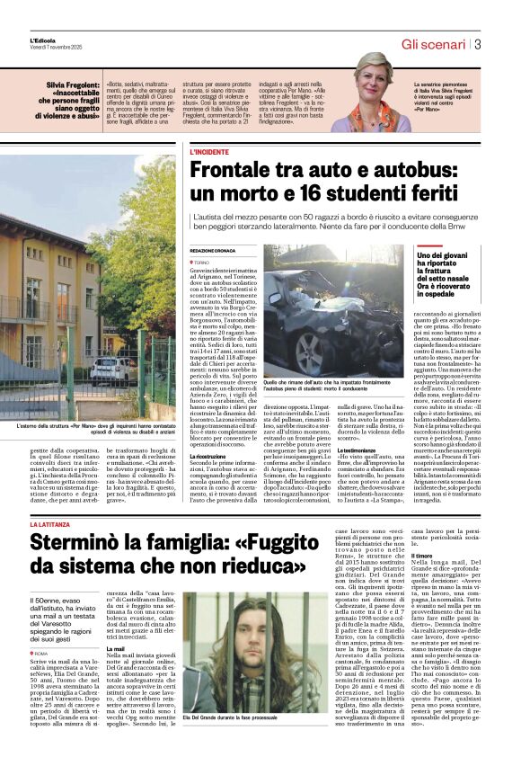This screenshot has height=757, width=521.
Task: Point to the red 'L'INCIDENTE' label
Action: coord(209,153)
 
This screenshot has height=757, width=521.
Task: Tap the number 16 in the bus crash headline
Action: coord(313,195)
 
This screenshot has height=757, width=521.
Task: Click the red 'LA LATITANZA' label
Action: coord(52,523)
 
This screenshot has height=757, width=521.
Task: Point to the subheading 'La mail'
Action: coord(116,647)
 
